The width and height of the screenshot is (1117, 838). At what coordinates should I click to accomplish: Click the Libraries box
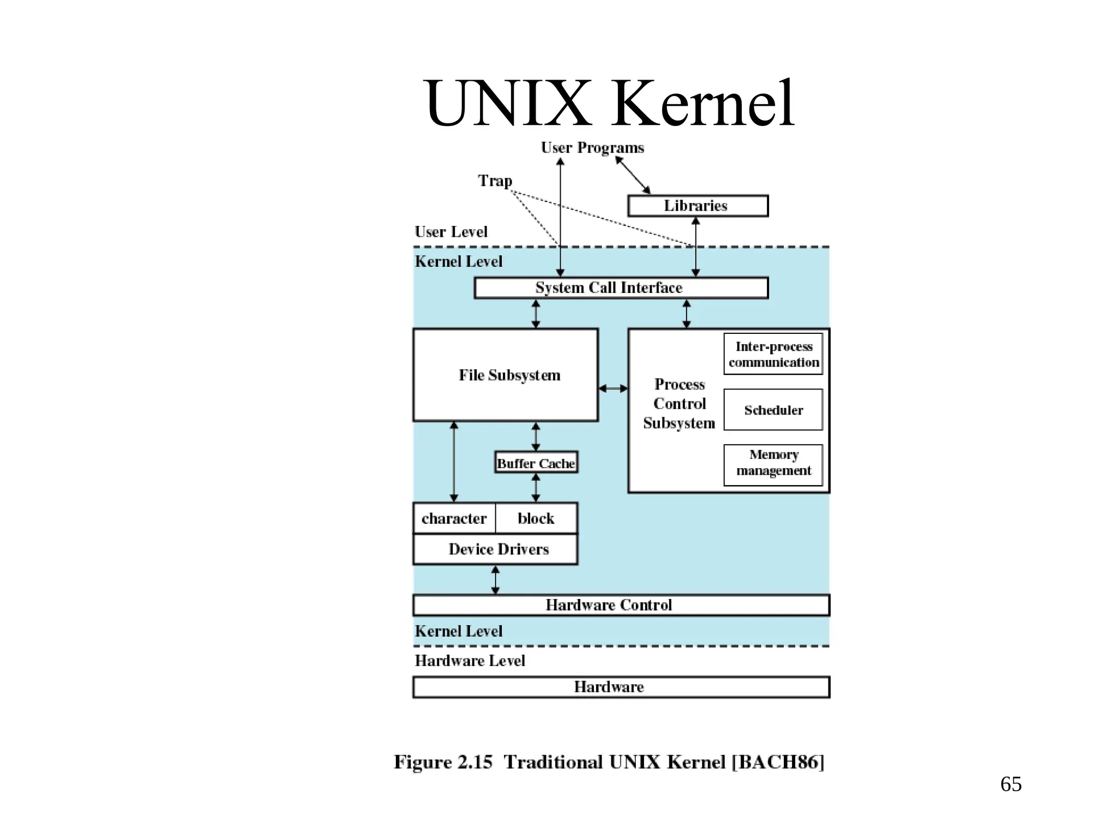pyautogui.click(x=698, y=206)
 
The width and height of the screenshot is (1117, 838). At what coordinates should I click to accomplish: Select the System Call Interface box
pyautogui.click(x=621, y=288)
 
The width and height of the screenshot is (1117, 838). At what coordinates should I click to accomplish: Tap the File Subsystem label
pyautogui.click(x=509, y=375)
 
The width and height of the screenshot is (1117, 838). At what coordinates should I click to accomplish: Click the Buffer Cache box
pyautogui.click(x=536, y=463)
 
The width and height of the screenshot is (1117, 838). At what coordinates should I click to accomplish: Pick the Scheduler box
pyautogui.click(x=773, y=410)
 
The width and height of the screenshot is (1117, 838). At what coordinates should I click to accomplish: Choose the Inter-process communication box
pyautogui.click(x=773, y=354)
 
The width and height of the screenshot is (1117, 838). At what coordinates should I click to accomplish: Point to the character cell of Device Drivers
pyautogui.click(x=454, y=518)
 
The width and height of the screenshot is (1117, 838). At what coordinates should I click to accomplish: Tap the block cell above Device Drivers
pyautogui.click(x=536, y=518)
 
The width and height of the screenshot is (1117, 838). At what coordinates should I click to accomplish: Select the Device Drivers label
pyautogui.click(x=498, y=549)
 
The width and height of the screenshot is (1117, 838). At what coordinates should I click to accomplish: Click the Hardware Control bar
pyautogui.click(x=621, y=605)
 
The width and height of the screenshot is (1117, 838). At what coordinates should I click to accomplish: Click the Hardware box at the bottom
pyautogui.click(x=621, y=687)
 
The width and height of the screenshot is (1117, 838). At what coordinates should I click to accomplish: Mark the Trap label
pyautogui.click(x=495, y=181)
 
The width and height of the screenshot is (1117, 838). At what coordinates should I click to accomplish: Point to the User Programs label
pyautogui.click(x=592, y=148)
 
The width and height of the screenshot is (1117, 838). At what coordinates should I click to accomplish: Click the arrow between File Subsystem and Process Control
pyautogui.click(x=613, y=388)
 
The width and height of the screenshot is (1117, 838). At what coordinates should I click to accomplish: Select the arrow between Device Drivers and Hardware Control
pyautogui.click(x=495, y=579)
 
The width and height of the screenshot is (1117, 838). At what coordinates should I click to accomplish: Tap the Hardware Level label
pyautogui.click(x=470, y=661)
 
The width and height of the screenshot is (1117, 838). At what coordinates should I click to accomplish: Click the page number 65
pyautogui.click(x=1011, y=784)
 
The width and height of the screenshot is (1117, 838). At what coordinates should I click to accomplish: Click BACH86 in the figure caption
pyautogui.click(x=778, y=762)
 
